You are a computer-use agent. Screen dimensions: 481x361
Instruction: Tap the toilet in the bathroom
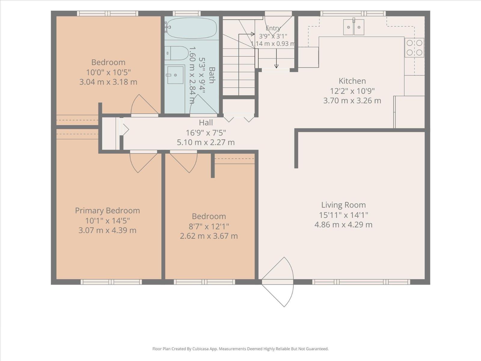(177, 53)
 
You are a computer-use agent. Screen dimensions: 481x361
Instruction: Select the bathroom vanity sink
(175, 75)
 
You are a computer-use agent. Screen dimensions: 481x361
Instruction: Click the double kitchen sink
(354, 27)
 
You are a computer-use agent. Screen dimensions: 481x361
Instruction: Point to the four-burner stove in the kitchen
(414, 48)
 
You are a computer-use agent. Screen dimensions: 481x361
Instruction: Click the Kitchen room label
(352, 81)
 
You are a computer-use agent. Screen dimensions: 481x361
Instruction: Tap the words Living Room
(343, 205)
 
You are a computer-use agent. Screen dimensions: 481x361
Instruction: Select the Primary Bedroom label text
(107, 211)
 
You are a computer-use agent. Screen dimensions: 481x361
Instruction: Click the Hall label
(206, 122)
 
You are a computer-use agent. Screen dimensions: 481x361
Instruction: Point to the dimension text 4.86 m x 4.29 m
(343, 225)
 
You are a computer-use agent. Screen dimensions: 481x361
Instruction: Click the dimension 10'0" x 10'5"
(108, 72)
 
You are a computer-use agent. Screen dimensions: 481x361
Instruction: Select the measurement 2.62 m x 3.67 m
(209, 236)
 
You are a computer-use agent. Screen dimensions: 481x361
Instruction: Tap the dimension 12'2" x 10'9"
(352, 91)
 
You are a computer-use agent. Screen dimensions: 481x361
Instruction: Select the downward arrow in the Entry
(276, 58)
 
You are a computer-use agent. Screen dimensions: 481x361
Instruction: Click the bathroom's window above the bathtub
(186, 14)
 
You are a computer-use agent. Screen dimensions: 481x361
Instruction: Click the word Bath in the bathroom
(211, 75)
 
